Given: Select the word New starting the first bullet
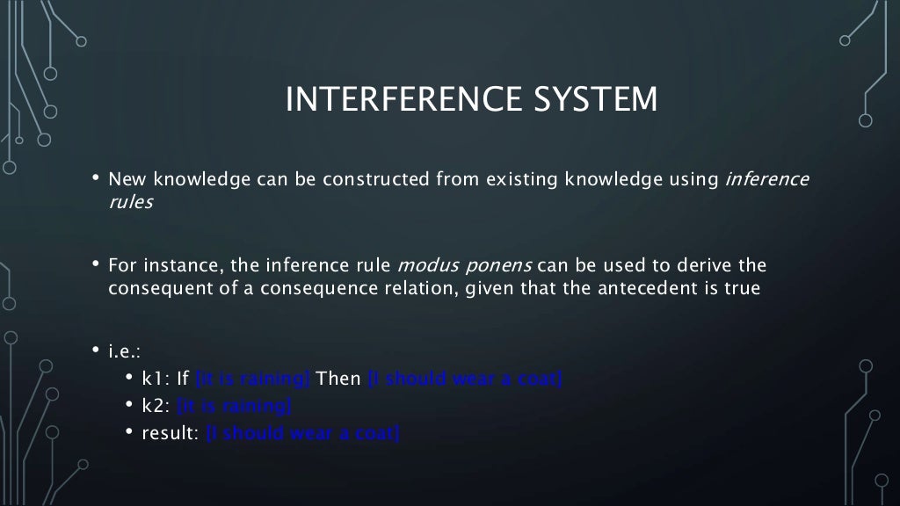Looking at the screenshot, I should [x=125, y=180].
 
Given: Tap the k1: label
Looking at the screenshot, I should [x=156, y=379].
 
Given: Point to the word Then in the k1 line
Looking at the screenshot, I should [x=338, y=379].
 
